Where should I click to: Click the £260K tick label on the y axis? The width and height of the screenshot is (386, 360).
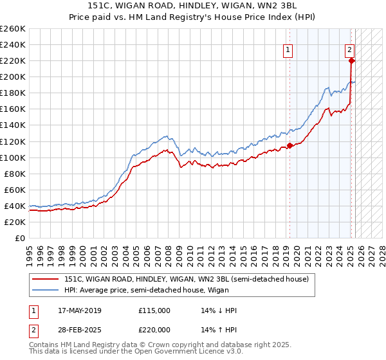(x=13, y=28)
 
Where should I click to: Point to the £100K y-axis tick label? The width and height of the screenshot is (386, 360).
(x=13, y=157)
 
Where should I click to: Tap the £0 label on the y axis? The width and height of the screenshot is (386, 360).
(x=19, y=238)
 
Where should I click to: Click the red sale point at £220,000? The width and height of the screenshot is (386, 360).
(x=352, y=60)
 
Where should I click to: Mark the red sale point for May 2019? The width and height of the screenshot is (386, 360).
(x=289, y=145)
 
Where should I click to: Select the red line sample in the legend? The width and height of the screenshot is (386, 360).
(x=46, y=279)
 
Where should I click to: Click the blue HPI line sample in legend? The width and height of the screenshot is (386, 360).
(x=46, y=289)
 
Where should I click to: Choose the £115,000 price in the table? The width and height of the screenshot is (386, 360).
(x=154, y=310)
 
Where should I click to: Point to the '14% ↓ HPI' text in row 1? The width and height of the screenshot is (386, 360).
(x=219, y=310)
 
